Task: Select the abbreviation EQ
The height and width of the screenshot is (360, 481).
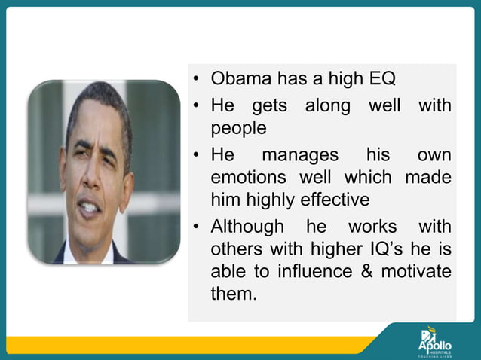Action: [x=380, y=78]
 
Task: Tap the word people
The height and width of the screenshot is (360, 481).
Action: [x=238, y=128]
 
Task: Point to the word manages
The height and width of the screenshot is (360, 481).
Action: [x=299, y=154]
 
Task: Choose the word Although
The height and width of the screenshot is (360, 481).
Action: [x=247, y=226]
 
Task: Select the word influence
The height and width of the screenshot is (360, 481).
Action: [x=308, y=271]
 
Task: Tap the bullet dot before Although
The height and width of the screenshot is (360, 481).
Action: [x=195, y=227]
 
